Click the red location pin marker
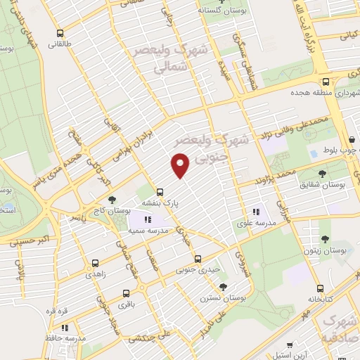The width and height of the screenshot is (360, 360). [181, 166]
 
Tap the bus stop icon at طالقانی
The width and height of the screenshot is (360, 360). [60, 32]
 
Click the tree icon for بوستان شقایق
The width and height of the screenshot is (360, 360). [323, 173]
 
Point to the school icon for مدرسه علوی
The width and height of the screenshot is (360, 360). [257, 211]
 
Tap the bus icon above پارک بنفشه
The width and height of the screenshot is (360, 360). [160, 191]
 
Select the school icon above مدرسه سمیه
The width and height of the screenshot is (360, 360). [147, 221]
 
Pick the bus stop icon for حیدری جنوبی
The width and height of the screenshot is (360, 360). [198, 258]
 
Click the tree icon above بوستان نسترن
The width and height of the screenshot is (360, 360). [223, 287]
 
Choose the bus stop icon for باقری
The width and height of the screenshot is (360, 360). [126, 293]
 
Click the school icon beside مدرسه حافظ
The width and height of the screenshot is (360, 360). [65, 327]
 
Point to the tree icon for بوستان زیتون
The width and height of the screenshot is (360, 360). [324, 224]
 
